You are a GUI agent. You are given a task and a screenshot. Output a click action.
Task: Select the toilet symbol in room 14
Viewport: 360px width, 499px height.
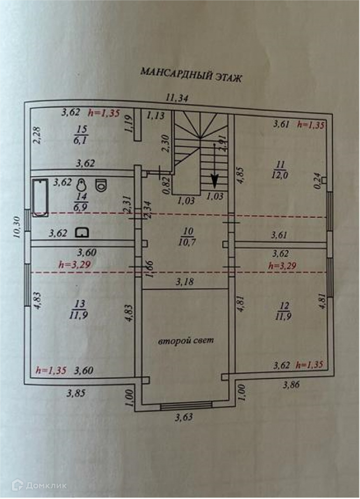(101, 185)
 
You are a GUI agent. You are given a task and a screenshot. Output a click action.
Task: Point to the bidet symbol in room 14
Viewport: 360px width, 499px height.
(82, 186)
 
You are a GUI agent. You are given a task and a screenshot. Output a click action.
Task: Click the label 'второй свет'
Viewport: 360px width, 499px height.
(186, 341)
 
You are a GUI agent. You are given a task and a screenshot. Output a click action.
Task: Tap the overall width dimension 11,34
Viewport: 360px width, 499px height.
(177, 97)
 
